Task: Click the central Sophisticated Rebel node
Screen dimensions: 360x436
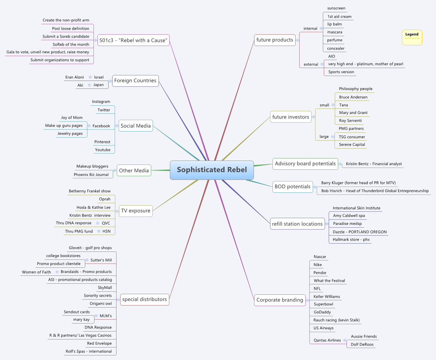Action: click(212, 170)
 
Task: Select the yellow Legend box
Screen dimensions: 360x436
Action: click(412, 37)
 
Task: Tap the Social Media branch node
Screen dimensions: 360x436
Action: click(136, 126)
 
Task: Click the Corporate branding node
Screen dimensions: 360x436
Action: click(280, 300)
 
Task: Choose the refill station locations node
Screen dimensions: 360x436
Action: click(297, 224)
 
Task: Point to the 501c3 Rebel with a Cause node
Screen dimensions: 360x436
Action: click(133, 40)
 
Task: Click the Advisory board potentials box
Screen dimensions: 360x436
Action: click(305, 164)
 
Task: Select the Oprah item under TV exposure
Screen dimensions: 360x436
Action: click(105, 199)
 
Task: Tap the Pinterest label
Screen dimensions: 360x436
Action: click(102, 142)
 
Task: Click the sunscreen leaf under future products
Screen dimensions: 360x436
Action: click(336, 8)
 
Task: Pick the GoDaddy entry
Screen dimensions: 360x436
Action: click(322, 312)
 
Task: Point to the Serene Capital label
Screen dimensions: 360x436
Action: click(352, 145)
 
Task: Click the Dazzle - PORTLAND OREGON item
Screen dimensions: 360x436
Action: click(360, 232)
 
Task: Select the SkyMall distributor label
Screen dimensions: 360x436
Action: click(105, 288)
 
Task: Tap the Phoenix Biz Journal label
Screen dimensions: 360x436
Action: click(91, 175)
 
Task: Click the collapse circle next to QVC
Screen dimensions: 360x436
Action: click(98, 223)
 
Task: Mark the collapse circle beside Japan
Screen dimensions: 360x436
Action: click(89, 85)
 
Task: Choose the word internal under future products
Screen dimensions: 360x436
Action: click(310, 28)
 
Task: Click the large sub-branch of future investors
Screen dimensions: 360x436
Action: click(324, 137)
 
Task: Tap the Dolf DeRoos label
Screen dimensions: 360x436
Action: click(362, 344)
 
